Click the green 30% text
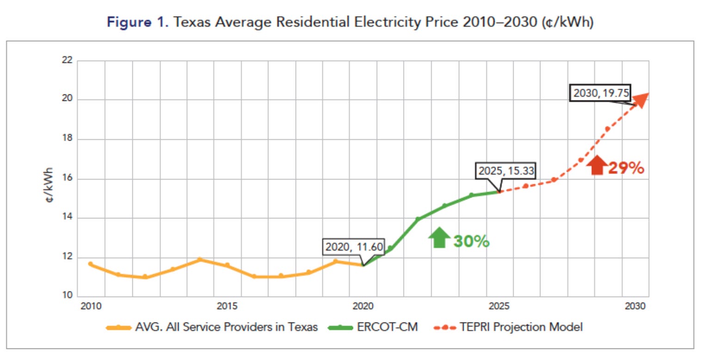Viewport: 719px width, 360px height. pyautogui.click(x=471, y=241)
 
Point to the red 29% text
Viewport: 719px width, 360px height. pyautogui.click(x=626, y=168)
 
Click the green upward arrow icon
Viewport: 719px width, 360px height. pyautogui.click(x=439, y=237)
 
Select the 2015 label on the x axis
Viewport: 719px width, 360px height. pyautogui.click(x=227, y=307)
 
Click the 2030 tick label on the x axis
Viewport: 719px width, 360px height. pyautogui.click(x=633, y=307)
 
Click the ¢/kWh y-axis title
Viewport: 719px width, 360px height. pyautogui.click(x=49, y=185)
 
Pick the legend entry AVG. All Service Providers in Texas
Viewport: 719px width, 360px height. pyautogui.click(x=226, y=327)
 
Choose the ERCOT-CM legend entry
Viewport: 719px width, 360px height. pyautogui.click(x=387, y=327)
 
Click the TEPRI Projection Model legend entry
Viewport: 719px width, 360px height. pyautogui.click(x=521, y=327)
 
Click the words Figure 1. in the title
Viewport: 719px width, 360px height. pyautogui.click(x=136, y=23)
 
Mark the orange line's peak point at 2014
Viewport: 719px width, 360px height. pyautogui.click(x=200, y=260)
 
